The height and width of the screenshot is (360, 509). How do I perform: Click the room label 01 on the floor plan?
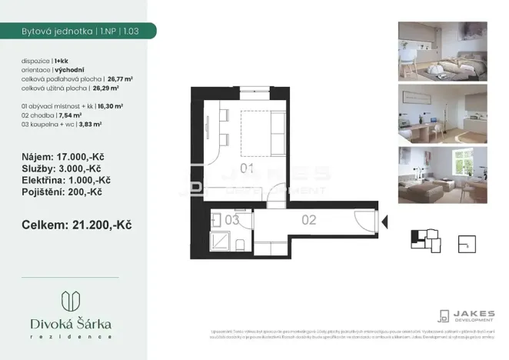point(248,168)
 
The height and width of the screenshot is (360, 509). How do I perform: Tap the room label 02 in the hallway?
point(309,219)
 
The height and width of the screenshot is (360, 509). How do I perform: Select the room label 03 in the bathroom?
point(232,220)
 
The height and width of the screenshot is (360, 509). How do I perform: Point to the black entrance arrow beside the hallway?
point(385,222)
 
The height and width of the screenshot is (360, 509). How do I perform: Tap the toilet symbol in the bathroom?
point(241,245)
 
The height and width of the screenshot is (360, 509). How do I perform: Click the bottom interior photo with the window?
point(443,174)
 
